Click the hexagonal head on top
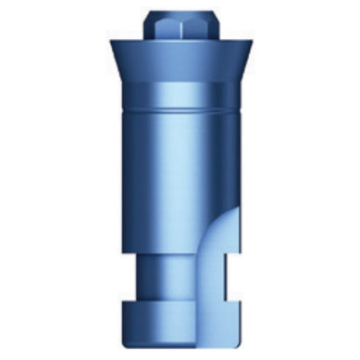point(180,28)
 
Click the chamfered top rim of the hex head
point(180,15)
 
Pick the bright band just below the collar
point(180,93)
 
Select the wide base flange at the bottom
point(177,322)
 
